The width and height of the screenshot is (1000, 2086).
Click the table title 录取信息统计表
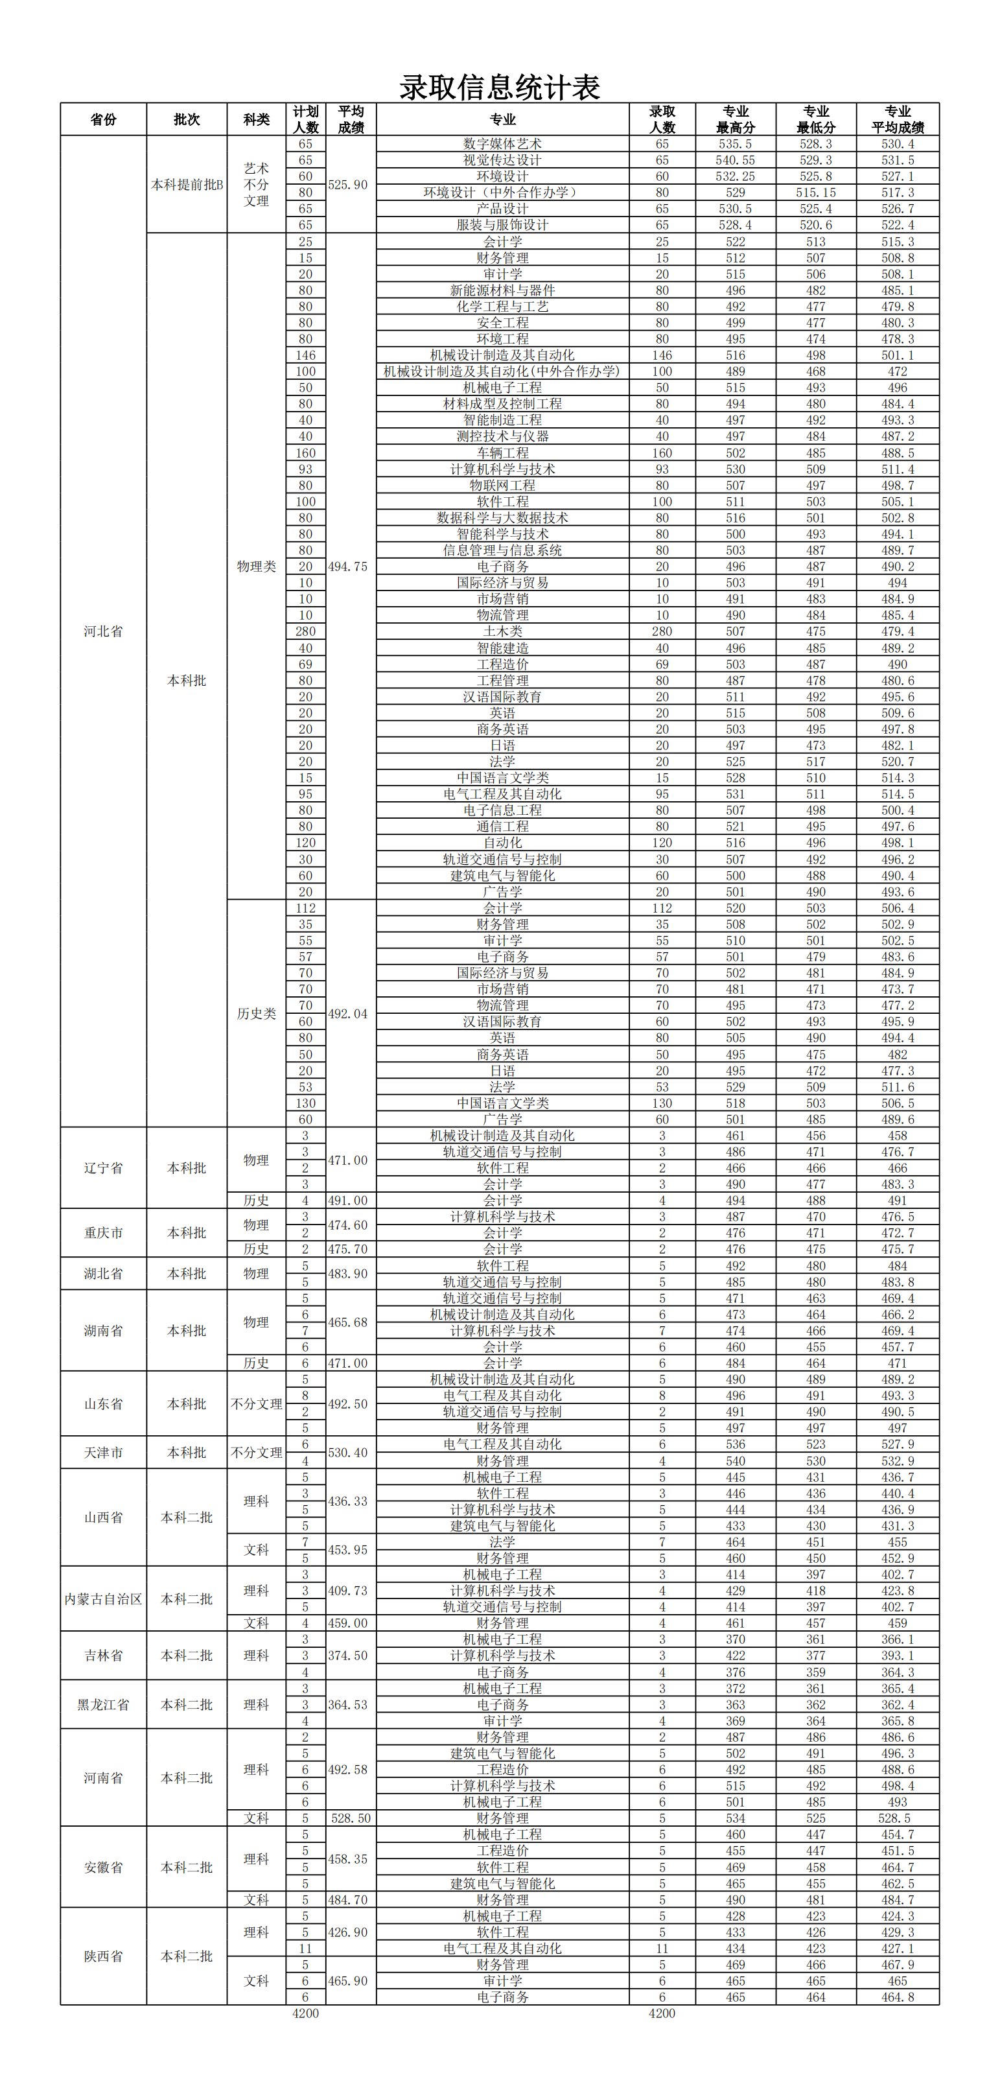[x=500, y=88]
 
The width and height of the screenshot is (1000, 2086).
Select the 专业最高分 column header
[x=735, y=119]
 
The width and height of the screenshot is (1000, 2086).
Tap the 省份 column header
[x=103, y=119]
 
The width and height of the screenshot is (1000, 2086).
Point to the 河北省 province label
[x=103, y=631]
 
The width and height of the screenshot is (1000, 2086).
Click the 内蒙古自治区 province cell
[x=103, y=1599]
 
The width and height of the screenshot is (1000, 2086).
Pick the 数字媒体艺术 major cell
[x=502, y=143]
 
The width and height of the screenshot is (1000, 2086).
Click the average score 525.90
[x=347, y=185]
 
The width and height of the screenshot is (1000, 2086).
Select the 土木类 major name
[x=502, y=631]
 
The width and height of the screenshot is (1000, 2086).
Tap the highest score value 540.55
[x=735, y=160]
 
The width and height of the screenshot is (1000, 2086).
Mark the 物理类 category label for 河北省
[x=256, y=566]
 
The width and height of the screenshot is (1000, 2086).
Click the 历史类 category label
[x=256, y=1013]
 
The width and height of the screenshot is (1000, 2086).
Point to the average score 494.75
[x=347, y=566]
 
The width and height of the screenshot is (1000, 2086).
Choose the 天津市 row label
[x=103, y=1452]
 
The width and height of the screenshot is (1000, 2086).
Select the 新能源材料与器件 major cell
[x=502, y=290]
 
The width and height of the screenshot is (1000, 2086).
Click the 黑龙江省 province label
[x=103, y=1704]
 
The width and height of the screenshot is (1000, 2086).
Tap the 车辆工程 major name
[x=502, y=452]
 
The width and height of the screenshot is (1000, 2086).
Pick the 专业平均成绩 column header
[x=897, y=119]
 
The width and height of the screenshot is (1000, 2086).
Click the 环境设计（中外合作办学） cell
[x=502, y=192]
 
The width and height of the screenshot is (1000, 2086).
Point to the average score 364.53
[x=347, y=1704]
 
